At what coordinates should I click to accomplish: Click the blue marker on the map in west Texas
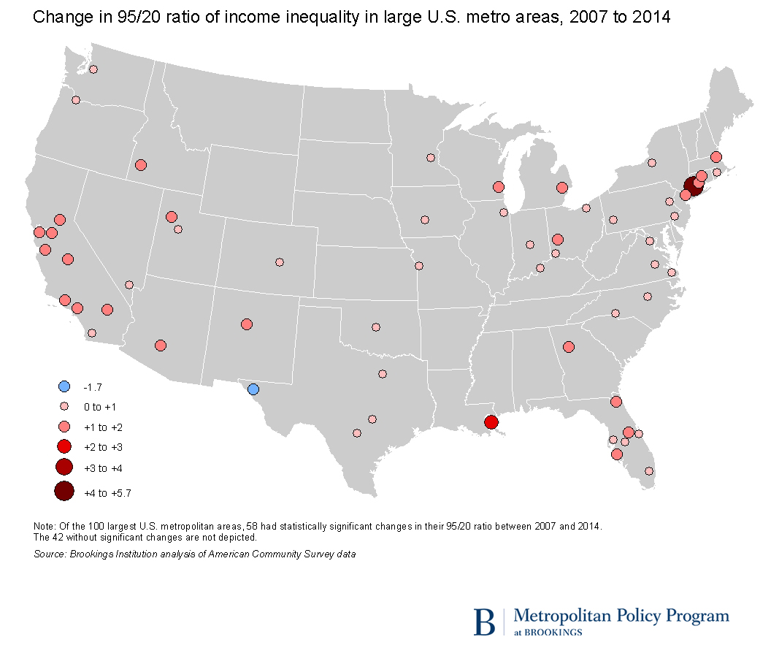click(253, 389)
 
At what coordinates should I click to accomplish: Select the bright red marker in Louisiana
click(491, 422)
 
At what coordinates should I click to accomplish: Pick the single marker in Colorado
click(280, 262)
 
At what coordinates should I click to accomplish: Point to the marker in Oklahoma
click(376, 327)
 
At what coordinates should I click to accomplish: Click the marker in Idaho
click(141, 165)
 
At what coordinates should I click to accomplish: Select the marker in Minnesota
click(430, 158)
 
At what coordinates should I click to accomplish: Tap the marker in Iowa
click(425, 219)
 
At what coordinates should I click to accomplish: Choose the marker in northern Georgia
click(569, 347)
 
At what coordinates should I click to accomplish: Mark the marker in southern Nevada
click(129, 285)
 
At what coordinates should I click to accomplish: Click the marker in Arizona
click(161, 346)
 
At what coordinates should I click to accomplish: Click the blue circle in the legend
click(64, 386)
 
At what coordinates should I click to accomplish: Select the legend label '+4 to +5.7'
click(107, 493)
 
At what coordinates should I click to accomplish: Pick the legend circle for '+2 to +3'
click(64, 446)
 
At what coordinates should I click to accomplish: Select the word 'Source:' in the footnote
click(50, 554)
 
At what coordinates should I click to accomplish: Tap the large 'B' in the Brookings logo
click(483, 620)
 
